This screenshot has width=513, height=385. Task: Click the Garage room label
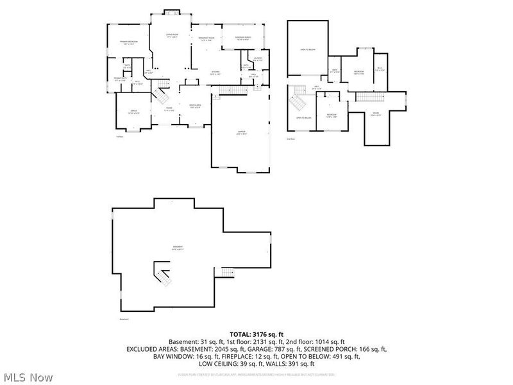click(x=242, y=133)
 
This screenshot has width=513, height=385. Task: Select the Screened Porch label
click(x=242, y=38)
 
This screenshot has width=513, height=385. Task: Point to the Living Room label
click(x=172, y=35)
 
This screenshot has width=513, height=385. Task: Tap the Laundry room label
click(x=258, y=59)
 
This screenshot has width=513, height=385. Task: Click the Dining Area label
click(x=195, y=106)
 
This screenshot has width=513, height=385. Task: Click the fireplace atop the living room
click(x=172, y=12)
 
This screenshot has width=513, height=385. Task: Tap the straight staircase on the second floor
click(x=369, y=97)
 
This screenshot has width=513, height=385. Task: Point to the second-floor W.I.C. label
click(x=379, y=69)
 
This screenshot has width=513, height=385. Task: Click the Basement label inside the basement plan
click(x=178, y=248)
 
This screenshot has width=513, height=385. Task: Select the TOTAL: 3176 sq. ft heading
click(x=256, y=334)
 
